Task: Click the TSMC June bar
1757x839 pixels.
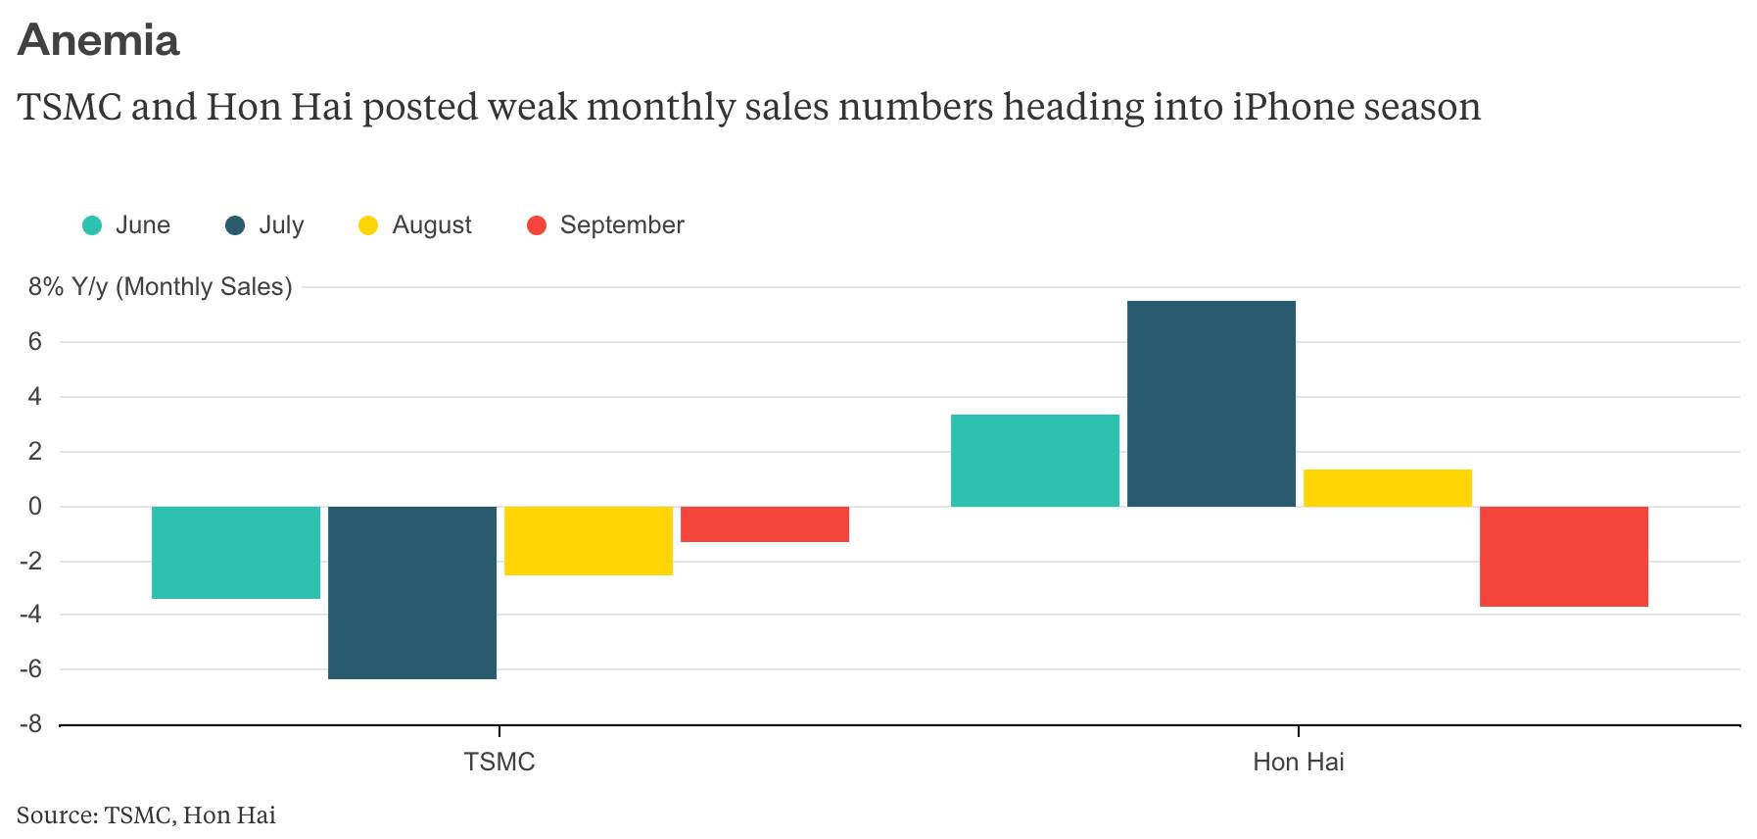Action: pos(236,552)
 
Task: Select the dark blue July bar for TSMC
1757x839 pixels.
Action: pos(412,592)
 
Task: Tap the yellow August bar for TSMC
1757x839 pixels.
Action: pos(589,540)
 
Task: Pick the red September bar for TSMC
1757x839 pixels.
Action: pos(765,524)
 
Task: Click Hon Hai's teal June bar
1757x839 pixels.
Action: pos(1035,461)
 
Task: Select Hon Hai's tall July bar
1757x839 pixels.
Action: pos(1211,404)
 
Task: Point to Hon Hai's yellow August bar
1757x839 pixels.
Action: pos(1388,488)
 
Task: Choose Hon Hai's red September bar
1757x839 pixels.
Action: pos(1564,557)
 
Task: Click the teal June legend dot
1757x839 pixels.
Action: pos(92,225)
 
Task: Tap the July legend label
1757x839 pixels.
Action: pos(281,225)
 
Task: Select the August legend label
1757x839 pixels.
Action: pos(432,225)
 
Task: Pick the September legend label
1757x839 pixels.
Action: pos(622,225)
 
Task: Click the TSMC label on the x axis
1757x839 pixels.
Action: pos(499,762)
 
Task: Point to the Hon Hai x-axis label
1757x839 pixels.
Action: pos(1298,762)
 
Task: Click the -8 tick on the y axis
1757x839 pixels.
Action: pos(34,724)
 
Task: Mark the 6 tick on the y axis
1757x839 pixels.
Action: pos(35,342)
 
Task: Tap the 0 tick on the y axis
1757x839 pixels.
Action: pos(35,507)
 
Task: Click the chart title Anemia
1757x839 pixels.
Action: pos(99,40)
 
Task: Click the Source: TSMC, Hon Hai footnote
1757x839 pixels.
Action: pos(146,814)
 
